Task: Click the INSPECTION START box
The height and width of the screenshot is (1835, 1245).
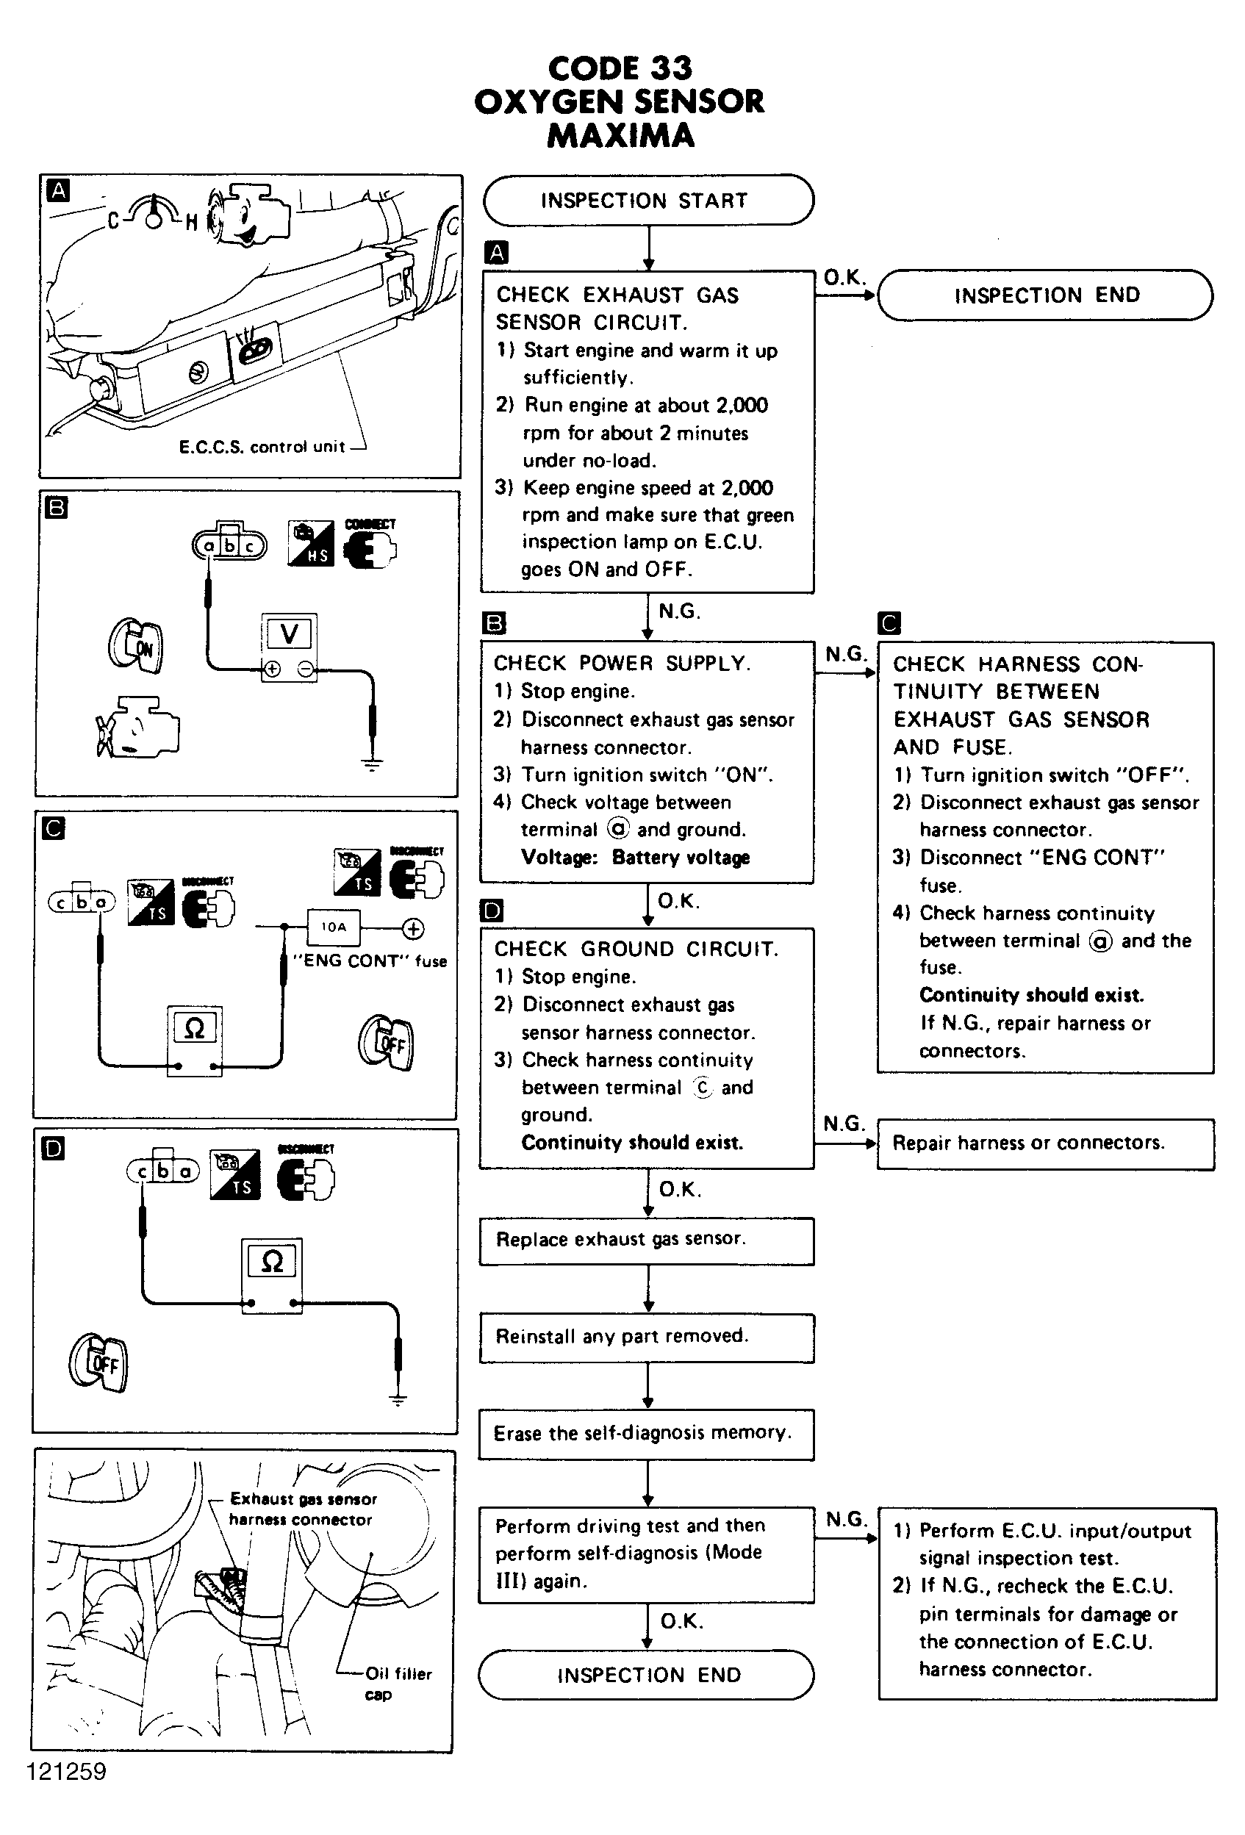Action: (x=647, y=200)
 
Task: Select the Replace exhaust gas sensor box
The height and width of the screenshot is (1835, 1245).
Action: (x=646, y=1239)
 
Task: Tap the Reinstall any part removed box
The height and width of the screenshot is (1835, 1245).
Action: (x=646, y=1336)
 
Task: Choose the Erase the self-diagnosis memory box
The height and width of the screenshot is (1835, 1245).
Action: (x=646, y=1432)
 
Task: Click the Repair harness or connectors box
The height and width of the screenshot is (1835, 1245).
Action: (x=1044, y=1143)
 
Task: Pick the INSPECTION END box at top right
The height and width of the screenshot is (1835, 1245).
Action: (x=1044, y=295)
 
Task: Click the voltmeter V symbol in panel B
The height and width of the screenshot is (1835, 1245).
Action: (x=289, y=634)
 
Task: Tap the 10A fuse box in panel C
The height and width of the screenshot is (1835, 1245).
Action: (x=333, y=927)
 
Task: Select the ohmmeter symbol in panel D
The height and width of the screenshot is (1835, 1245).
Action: (x=272, y=1261)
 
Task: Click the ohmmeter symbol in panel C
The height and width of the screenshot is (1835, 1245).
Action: (x=194, y=1028)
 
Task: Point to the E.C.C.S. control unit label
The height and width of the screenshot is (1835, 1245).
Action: (x=262, y=447)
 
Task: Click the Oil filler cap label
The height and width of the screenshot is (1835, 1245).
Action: (x=397, y=1684)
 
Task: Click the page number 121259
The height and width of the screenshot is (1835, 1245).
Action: (x=66, y=1771)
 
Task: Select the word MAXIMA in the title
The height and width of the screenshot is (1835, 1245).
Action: (x=620, y=135)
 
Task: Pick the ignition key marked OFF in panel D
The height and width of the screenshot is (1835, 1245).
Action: (x=98, y=1362)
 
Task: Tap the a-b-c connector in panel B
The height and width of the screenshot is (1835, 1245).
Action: (x=230, y=544)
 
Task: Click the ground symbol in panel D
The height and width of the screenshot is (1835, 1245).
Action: (x=398, y=1399)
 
